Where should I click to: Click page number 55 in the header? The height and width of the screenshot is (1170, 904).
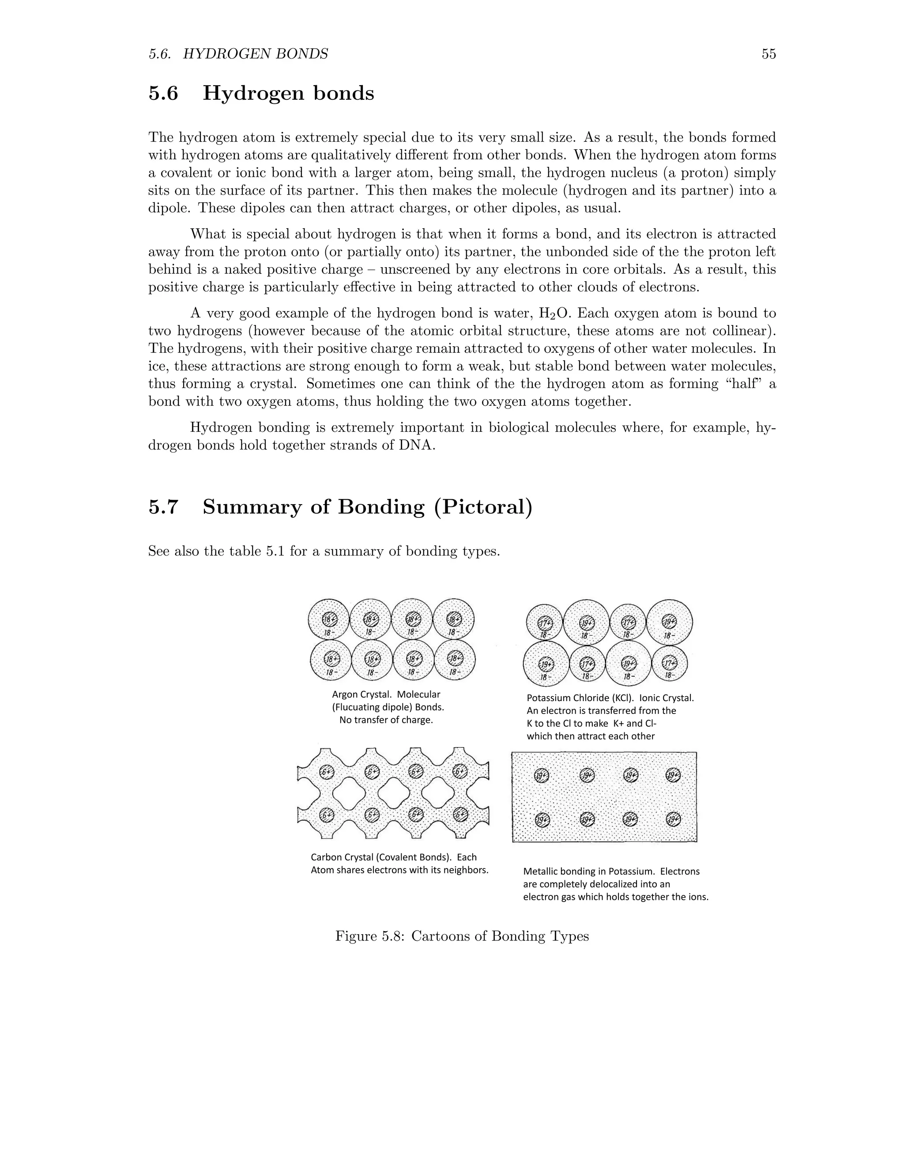pyautogui.click(x=768, y=54)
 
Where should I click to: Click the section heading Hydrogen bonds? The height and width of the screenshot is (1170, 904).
pyautogui.click(x=288, y=94)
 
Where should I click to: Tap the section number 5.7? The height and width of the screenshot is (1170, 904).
pyautogui.click(x=163, y=507)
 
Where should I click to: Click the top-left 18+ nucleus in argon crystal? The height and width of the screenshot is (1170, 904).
pyautogui.click(x=329, y=619)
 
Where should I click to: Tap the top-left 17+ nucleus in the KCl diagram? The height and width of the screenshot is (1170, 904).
pyautogui.click(x=545, y=623)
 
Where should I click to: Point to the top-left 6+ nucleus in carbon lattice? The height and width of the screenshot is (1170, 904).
pyautogui.click(x=327, y=771)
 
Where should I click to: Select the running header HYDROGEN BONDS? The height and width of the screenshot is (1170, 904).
pyautogui.click(x=256, y=54)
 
